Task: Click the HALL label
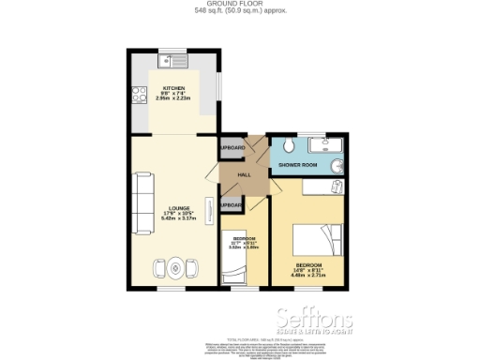click(244, 175)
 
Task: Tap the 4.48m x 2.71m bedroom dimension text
click(307, 277)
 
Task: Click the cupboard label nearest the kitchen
click(232, 148)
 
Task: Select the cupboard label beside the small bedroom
click(232, 205)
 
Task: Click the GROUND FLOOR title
click(240, 5)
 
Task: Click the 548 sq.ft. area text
click(240, 11)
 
